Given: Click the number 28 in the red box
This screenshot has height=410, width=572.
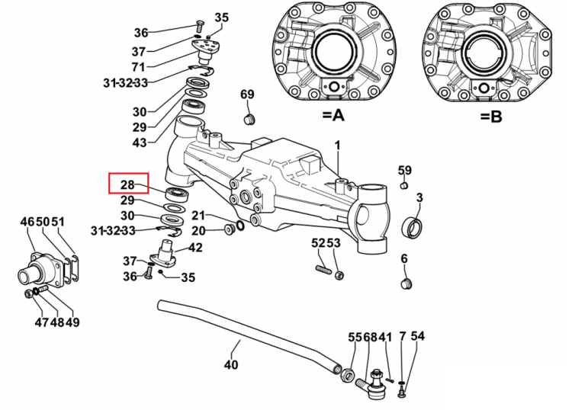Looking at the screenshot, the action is pyautogui.click(x=127, y=184).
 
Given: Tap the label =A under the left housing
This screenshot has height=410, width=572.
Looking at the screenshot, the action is pyautogui.click(x=333, y=116).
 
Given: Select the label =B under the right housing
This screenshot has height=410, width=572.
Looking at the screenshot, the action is pyautogui.click(x=491, y=117).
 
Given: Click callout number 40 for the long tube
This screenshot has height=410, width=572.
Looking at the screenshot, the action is pyautogui.click(x=231, y=364).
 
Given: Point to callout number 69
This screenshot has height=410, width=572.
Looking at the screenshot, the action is pyautogui.click(x=247, y=94).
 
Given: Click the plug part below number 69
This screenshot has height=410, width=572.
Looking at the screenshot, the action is pyautogui.click(x=249, y=119).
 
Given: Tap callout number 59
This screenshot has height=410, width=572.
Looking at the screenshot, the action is pyautogui.click(x=404, y=170).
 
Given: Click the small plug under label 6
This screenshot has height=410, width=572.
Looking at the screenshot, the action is pyautogui.click(x=407, y=283).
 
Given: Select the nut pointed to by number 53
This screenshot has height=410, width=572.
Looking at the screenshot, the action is pyautogui.click(x=339, y=275).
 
